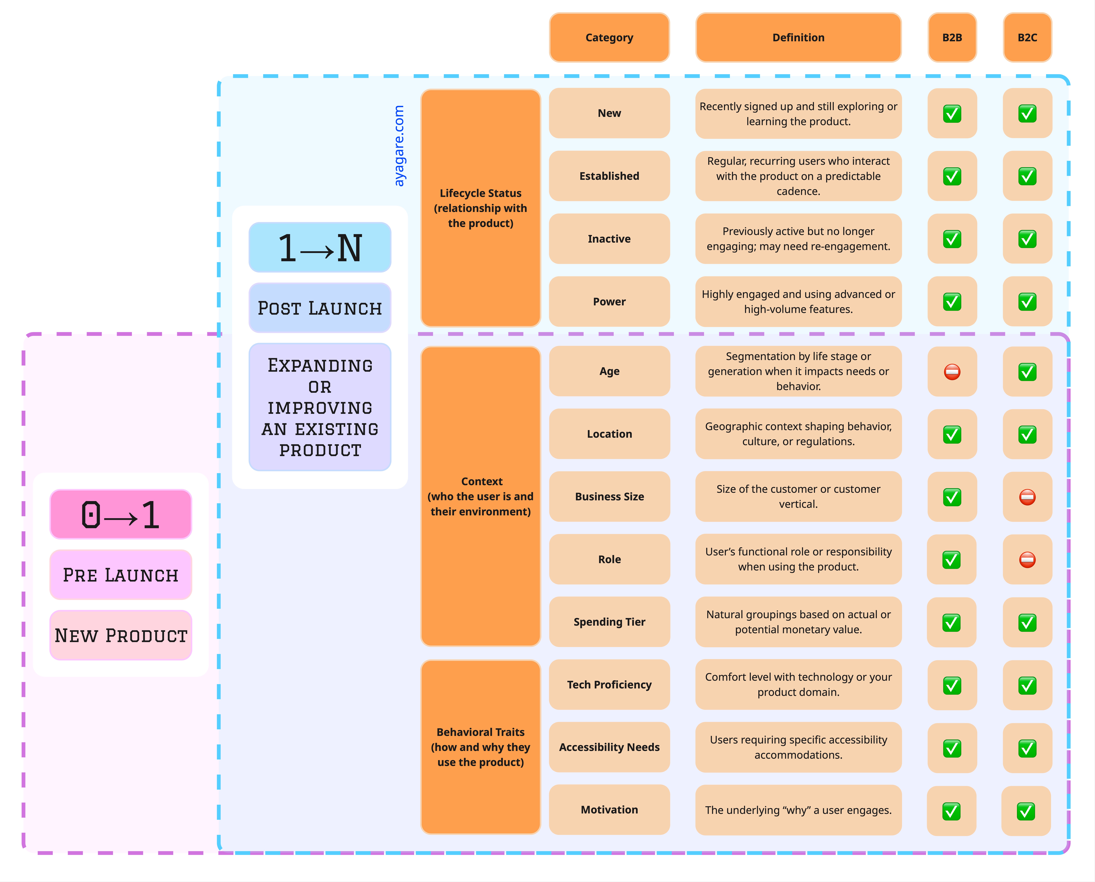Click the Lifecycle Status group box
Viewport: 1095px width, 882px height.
coord(480,208)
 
